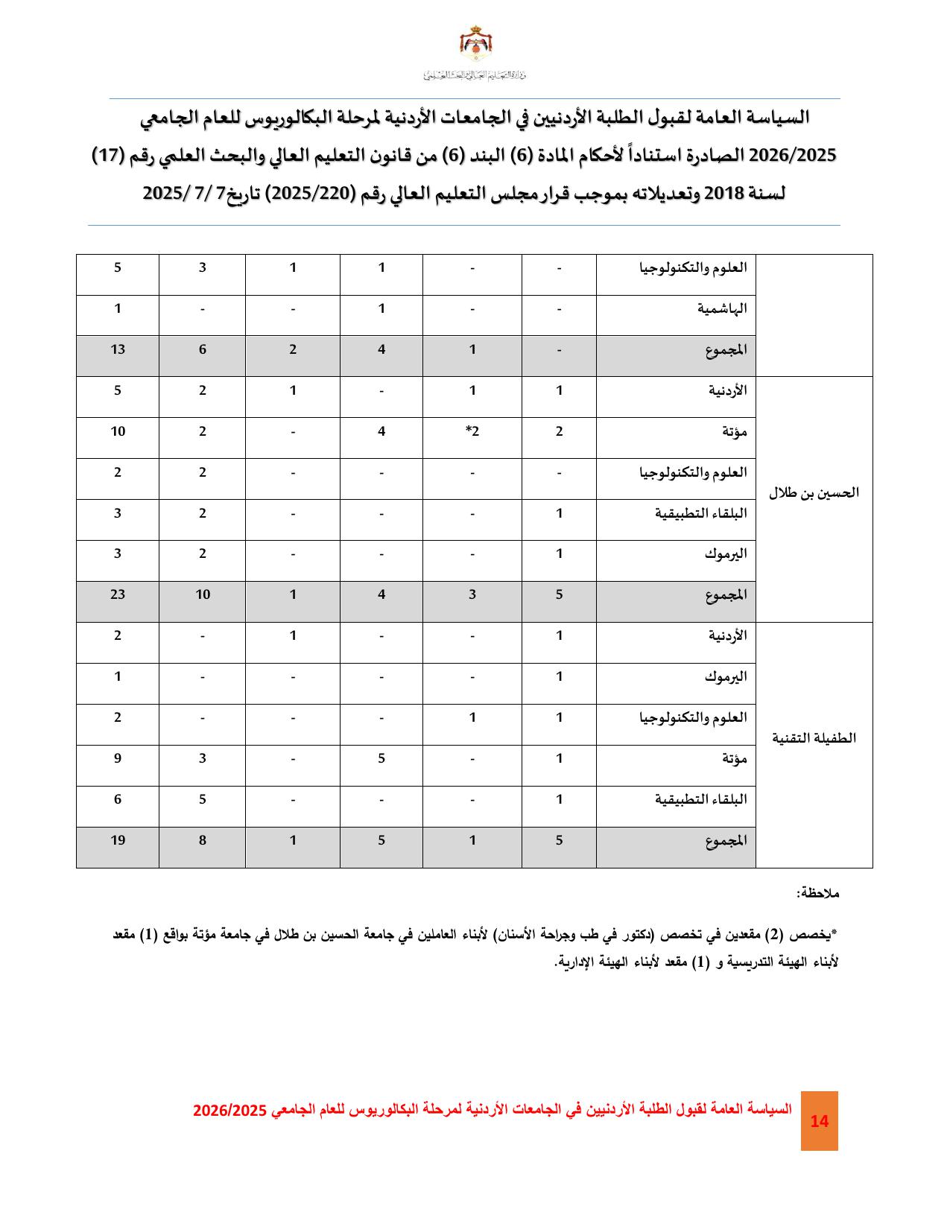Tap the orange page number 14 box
819,1121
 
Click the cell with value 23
118,594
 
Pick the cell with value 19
118,840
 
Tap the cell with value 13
118,349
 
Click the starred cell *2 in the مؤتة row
472,431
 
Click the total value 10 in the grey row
202,594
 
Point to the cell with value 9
118,758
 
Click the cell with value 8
202,840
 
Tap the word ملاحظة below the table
817,892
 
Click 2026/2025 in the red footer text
229,1111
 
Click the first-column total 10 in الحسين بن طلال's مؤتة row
118,431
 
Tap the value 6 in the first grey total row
202,349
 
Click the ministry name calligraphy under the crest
475,75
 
